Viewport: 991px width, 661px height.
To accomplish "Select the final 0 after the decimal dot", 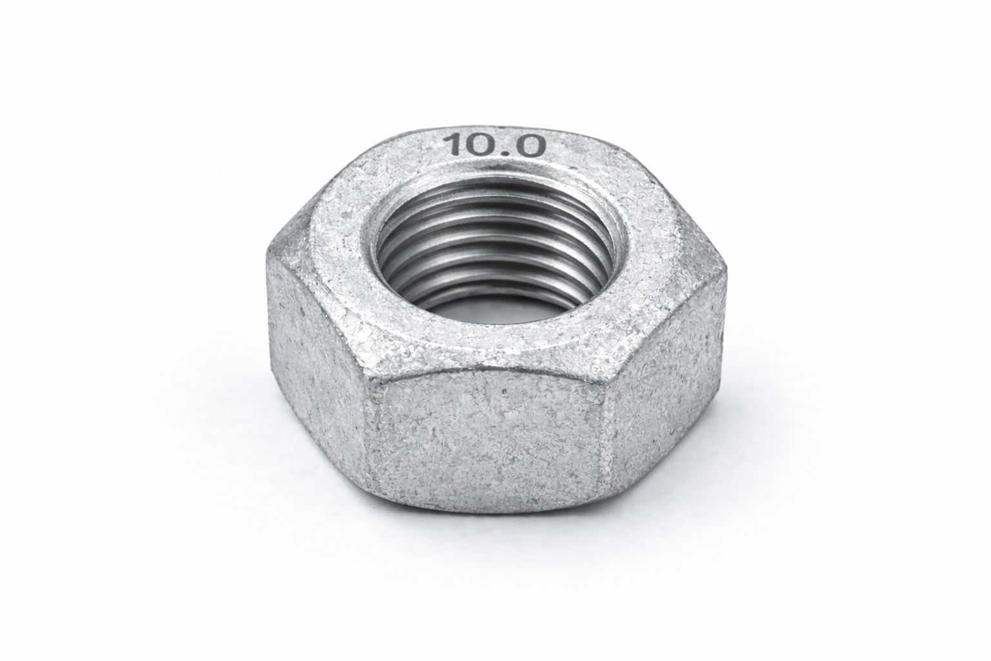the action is [x=527, y=146].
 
